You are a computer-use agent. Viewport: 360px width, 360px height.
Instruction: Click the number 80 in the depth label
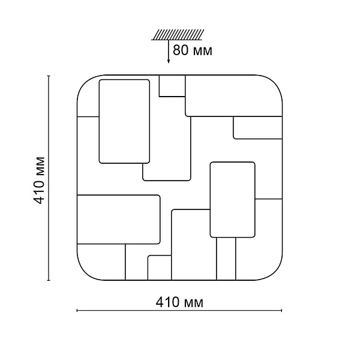pyautogui.click(x=180, y=50)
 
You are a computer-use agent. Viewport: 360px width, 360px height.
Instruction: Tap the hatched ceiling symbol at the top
pyautogui.click(x=178, y=35)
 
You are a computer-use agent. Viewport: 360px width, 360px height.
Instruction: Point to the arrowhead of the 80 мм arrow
pyautogui.click(x=169, y=61)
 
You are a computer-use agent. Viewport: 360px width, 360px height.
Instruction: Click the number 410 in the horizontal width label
pyautogui.click(x=167, y=302)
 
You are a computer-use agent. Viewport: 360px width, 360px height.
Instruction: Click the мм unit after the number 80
pyautogui.click(x=203, y=52)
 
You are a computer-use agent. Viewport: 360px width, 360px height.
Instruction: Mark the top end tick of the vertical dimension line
pyautogui.click(x=49, y=76)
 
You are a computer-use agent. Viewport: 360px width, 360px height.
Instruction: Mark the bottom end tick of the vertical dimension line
pyautogui.click(x=49, y=280)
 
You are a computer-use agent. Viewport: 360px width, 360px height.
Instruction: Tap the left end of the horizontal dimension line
pyautogui.click(x=77, y=311)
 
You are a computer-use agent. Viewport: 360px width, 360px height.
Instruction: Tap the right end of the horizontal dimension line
pyautogui.click(x=281, y=311)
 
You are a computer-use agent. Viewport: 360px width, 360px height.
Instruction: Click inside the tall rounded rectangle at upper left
pyautogui.click(x=124, y=121)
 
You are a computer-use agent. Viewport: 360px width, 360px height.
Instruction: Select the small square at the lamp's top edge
pyautogui.click(x=172, y=86)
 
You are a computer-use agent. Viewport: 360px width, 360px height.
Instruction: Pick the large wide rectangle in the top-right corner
pyautogui.click(x=234, y=96)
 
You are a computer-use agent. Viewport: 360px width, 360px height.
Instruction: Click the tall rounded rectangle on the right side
pyautogui.click(x=233, y=200)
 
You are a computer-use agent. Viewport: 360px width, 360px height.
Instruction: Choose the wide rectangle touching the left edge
pyautogui.click(x=118, y=219)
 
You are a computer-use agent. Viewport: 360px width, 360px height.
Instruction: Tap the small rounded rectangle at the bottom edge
pyautogui.click(x=160, y=268)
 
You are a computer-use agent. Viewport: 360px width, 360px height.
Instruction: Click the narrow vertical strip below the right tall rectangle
pyautogui.click(x=226, y=259)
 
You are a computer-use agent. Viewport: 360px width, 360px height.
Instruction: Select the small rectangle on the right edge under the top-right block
pyautogui.click(x=257, y=128)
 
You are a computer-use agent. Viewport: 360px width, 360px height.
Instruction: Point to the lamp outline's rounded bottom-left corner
pyautogui.click(x=85, y=273)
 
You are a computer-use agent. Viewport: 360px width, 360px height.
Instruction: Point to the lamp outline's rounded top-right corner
pyautogui.click(x=275, y=82)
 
